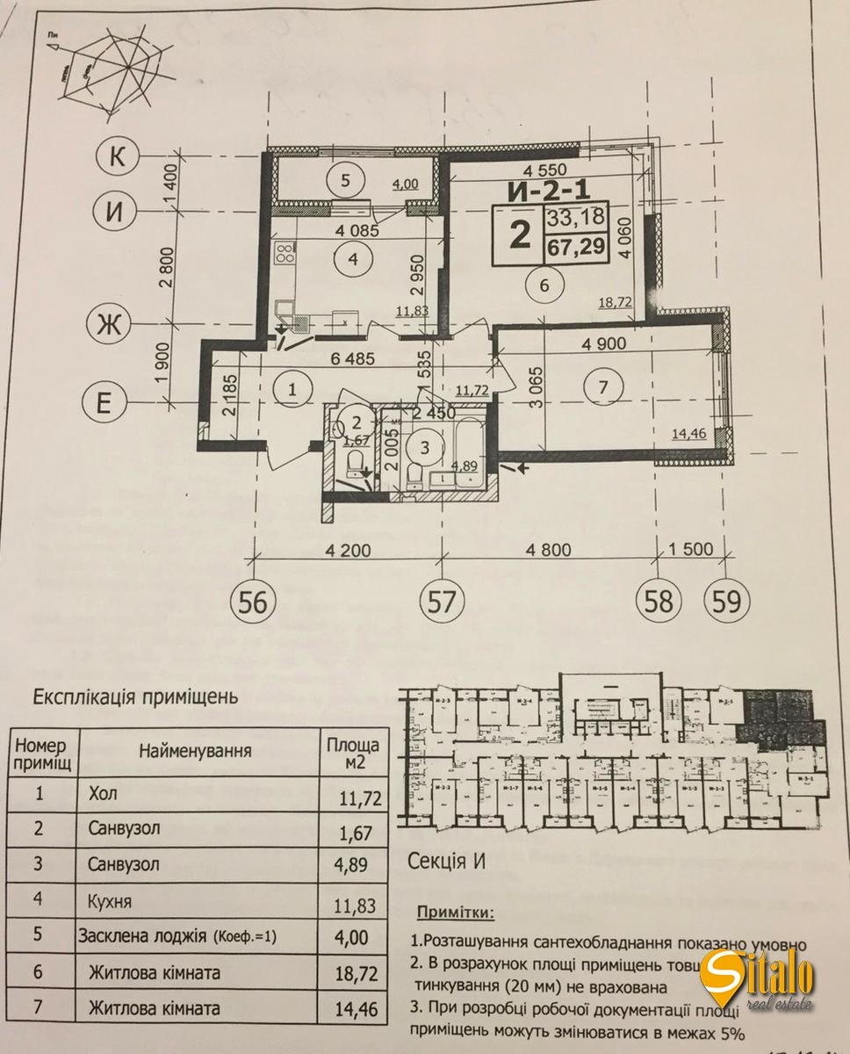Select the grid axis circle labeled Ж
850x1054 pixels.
109,326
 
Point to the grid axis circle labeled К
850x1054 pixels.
116,156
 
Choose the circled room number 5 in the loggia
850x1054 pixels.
344,181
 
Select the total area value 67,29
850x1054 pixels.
575,248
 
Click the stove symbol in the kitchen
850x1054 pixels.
287,255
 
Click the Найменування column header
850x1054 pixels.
194,751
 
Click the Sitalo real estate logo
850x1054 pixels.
757,983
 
